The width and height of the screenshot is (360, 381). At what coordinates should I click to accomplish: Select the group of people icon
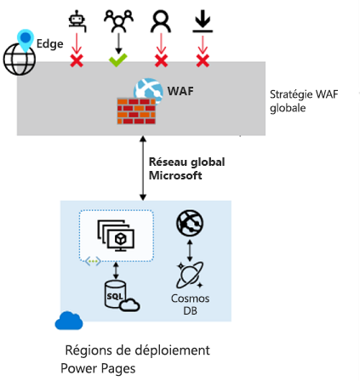point(117,19)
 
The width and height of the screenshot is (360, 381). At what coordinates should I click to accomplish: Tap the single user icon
point(159,20)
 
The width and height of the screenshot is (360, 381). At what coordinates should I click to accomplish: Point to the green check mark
point(117,60)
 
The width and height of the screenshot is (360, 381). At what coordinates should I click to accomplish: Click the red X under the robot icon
point(77,61)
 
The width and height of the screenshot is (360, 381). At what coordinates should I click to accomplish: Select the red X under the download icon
point(202,61)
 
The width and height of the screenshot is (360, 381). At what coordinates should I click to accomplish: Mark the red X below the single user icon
point(159,61)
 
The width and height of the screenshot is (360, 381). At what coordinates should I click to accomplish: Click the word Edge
point(49,43)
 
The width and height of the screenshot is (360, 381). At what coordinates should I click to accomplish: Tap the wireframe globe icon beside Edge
point(19,59)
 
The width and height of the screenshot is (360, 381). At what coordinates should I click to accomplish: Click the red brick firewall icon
point(136,111)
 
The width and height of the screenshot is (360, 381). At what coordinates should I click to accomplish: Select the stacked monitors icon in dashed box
point(116,235)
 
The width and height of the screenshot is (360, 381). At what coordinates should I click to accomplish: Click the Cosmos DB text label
point(190,304)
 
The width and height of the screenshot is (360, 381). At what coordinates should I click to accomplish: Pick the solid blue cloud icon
point(69,321)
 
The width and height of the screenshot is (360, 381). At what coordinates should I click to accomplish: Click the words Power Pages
point(98,368)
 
